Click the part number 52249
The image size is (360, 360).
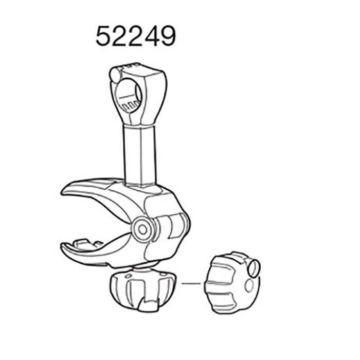(135, 37)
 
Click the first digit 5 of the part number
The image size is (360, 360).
(104, 37)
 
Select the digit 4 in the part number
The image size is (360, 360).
(150, 37)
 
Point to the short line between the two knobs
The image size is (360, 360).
(191, 282)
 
